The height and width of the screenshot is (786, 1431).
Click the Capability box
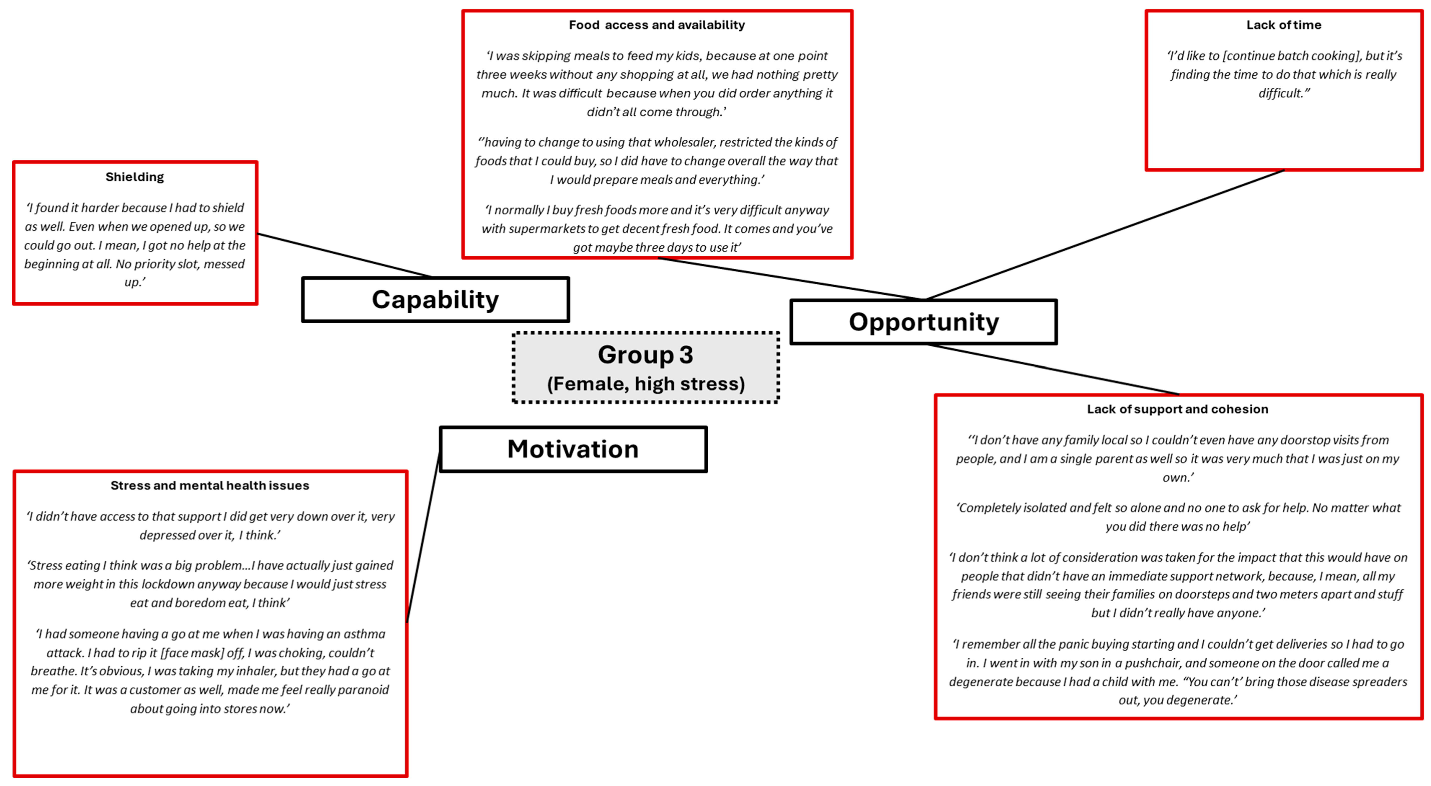(435, 300)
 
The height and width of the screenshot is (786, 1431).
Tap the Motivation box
(573, 449)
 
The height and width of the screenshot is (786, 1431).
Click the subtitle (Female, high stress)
(646, 384)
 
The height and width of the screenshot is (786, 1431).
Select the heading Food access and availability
(657, 25)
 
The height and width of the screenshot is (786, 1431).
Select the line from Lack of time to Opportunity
(1106, 234)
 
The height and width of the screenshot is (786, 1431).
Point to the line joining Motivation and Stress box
(423, 537)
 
